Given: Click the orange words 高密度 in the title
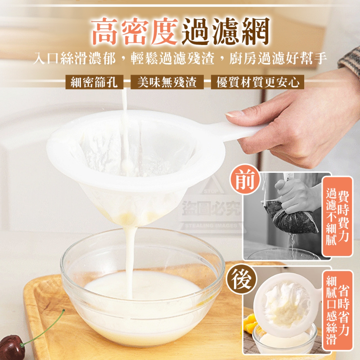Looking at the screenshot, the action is [x=135, y=31].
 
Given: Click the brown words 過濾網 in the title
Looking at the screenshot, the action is [x=226, y=31].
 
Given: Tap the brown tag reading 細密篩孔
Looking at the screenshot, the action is [x=94, y=82].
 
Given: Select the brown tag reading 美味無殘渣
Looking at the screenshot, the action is [x=167, y=82].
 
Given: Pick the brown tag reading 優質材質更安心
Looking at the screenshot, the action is [x=257, y=82].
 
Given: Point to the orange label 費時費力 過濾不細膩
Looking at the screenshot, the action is [x=337, y=216].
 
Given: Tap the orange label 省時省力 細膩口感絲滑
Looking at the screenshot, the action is [x=337, y=311].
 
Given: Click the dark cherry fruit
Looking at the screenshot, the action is [x=12, y=347].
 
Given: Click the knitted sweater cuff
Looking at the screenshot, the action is [x=351, y=61].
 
